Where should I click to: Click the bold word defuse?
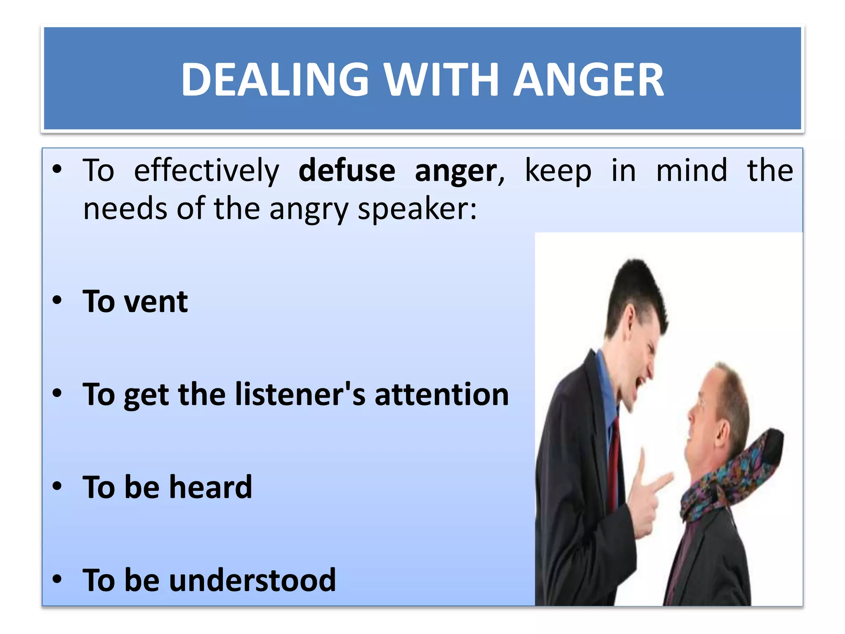(347, 171)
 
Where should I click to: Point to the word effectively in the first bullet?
(206, 171)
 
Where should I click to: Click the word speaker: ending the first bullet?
(417, 209)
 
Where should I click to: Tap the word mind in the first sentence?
(692, 171)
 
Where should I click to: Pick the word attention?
(441, 395)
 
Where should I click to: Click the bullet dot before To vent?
(57, 300)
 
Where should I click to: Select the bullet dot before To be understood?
(57, 579)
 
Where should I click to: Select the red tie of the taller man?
(614, 462)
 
